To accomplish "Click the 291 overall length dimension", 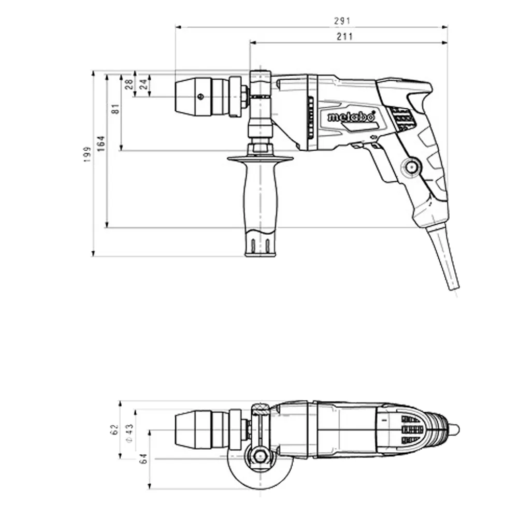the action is coord(342,21).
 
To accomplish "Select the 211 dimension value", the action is coord(344,36).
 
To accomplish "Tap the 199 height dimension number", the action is coord(87,154).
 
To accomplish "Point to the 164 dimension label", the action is coord(101,143).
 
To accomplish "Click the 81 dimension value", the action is coord(116,109).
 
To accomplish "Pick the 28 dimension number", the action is coord(129,84).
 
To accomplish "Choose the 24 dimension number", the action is coord(143,84).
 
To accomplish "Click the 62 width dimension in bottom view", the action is coord(114,430).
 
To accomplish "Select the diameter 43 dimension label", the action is coord(129,433).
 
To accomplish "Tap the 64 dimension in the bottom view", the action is coord(143,458).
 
